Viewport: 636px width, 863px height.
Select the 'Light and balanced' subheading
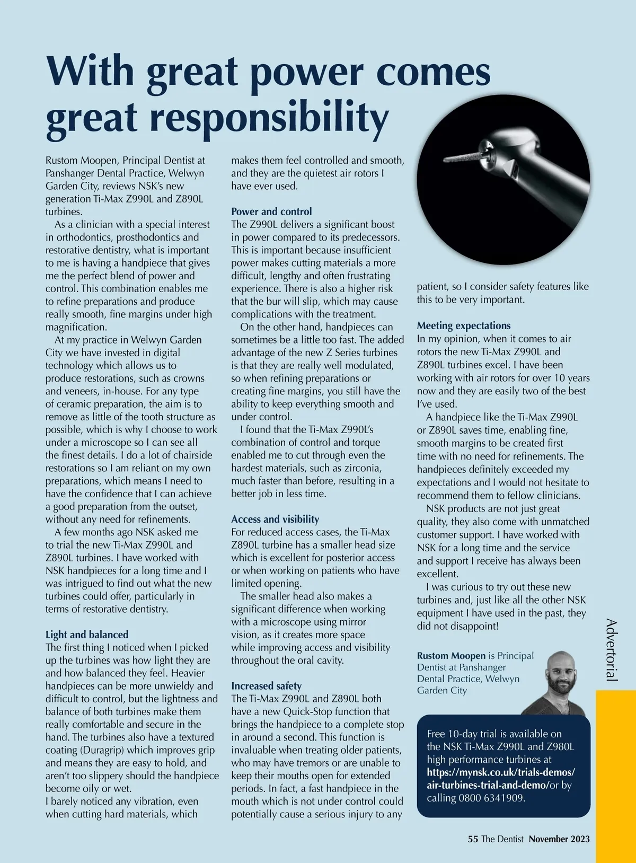(x=87, y=635)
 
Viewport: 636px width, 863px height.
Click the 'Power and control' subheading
(x=271, y=212)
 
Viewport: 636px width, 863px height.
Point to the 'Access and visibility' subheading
(x=275, y=519)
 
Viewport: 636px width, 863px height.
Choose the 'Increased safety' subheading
(x=266, y=686)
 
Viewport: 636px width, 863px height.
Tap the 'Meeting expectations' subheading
(x=464, y=325)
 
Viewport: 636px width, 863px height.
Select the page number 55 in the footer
(x=473, y=839)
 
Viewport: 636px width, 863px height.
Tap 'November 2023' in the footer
(x=559, y=839)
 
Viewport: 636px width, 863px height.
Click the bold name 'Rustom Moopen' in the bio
(x=451, y=656)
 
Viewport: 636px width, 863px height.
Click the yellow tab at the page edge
(x=615, y=774)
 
